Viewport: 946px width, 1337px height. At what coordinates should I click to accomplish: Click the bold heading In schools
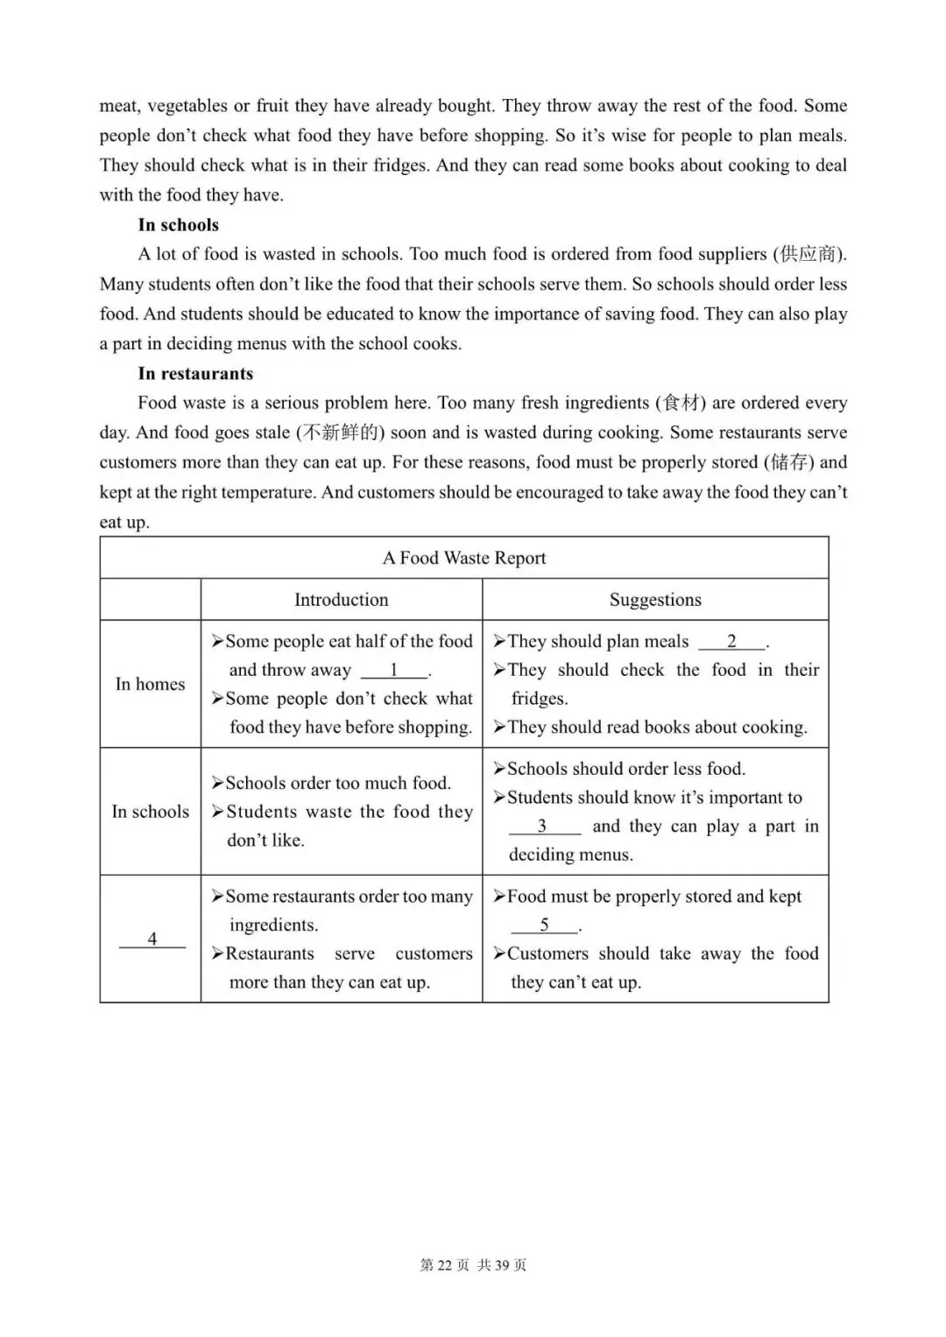click(178, 225)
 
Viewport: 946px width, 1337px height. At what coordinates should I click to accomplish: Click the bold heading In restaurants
click(195, 374)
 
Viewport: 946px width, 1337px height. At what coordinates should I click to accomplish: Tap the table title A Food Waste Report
click(464, 558)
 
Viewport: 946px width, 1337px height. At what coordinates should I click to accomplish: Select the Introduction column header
click(341, 600)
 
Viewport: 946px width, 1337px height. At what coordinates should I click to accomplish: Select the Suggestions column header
click(655, 600)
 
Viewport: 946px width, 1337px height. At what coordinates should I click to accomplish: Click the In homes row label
click(150, 685)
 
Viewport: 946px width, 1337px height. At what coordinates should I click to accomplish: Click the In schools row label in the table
click(150, 812)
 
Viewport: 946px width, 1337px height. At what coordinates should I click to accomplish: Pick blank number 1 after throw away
click(394, 670)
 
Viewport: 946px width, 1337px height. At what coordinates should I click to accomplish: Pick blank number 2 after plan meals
click(731, 642)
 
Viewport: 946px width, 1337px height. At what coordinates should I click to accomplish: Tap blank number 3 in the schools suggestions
click(542, 827)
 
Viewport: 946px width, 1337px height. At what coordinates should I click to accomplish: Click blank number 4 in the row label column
click(152, 939)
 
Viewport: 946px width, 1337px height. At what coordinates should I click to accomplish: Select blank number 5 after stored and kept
click(544, 925)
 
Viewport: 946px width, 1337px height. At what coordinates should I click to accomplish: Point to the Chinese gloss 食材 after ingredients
click(682, 404)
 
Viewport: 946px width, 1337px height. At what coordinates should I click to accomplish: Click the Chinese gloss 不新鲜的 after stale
click(340, 433)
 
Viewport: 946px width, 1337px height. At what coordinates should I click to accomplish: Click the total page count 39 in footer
click(502, 1265)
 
